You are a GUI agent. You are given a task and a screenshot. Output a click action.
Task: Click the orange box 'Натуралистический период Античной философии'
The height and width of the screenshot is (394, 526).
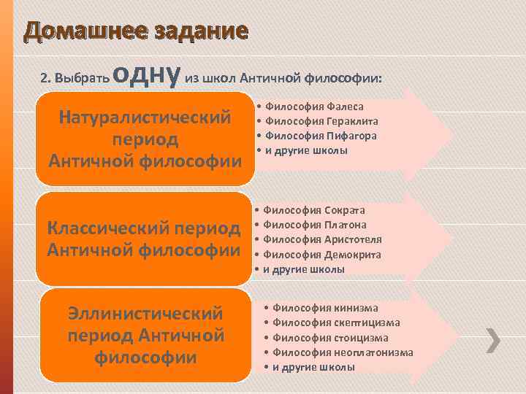pyautogui.click(x=145, y=139)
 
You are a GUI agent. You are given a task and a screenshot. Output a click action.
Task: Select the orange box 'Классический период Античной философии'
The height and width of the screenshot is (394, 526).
pyautogui.click(x=145, y=239)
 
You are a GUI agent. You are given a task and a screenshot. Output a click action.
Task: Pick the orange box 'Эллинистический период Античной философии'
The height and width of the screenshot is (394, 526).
pyautogui.click(x=145, y=336)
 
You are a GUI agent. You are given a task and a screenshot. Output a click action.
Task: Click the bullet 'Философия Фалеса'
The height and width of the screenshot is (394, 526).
pyautogui.click(x=314, y=107)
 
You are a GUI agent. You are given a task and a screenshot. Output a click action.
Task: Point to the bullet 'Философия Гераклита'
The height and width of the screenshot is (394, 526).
pyautogui.click(x=321, y=121)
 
